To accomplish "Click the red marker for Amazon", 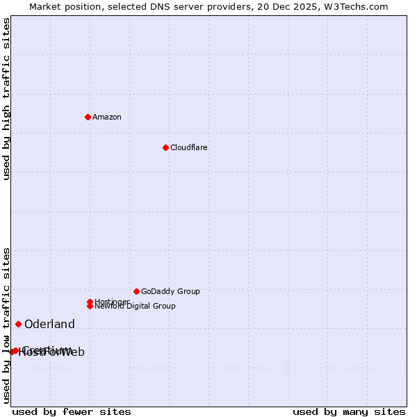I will tap(88, 117).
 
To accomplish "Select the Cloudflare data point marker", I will tap(165, 147).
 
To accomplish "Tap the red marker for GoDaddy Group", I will tap(136, 291).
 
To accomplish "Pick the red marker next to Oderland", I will tap(18, 324).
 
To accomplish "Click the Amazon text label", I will tap(107, 117).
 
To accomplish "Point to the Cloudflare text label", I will tap(189, 147).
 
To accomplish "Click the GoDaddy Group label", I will tap(170, 291).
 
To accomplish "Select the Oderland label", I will tap(49, 325).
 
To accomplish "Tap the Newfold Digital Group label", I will tap(135, 306).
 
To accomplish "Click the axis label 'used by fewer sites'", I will tap(72, 411).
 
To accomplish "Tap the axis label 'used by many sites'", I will tap(349, 411).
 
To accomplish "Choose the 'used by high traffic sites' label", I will tap(6, 99).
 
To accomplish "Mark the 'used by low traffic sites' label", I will tap(6, 325).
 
